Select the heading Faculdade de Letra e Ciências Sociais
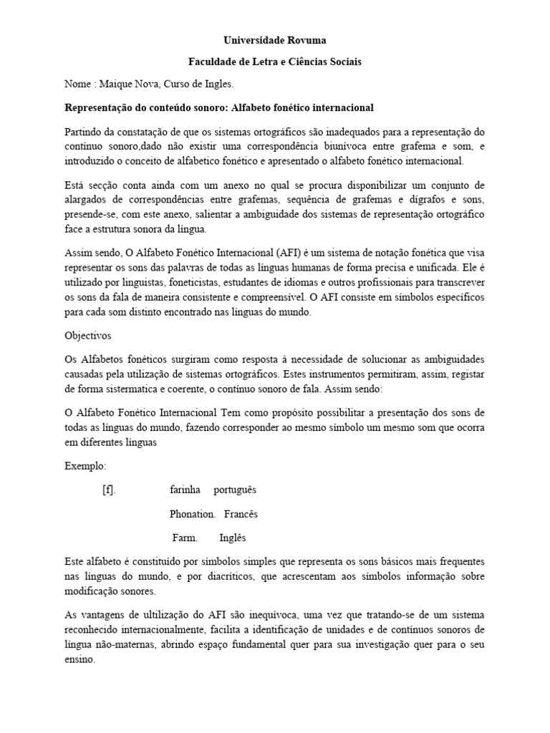[275, 62]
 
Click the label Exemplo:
[85, 466]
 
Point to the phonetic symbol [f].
[109, 490]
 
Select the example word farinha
[186, 490]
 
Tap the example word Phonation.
[193, 514]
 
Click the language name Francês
[241, 514]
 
